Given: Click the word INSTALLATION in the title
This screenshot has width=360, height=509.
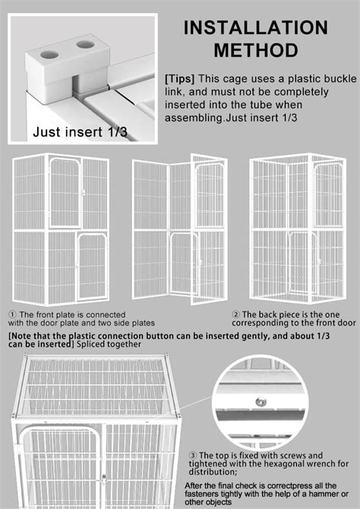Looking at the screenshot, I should click(255, 28).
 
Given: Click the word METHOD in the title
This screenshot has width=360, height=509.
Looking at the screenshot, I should click(255, 51).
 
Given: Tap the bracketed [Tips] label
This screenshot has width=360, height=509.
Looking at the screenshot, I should click(179, 78).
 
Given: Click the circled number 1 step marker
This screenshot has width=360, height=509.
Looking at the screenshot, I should click(12, 315).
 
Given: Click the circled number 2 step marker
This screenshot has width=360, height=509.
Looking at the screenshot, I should click(235, 315).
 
